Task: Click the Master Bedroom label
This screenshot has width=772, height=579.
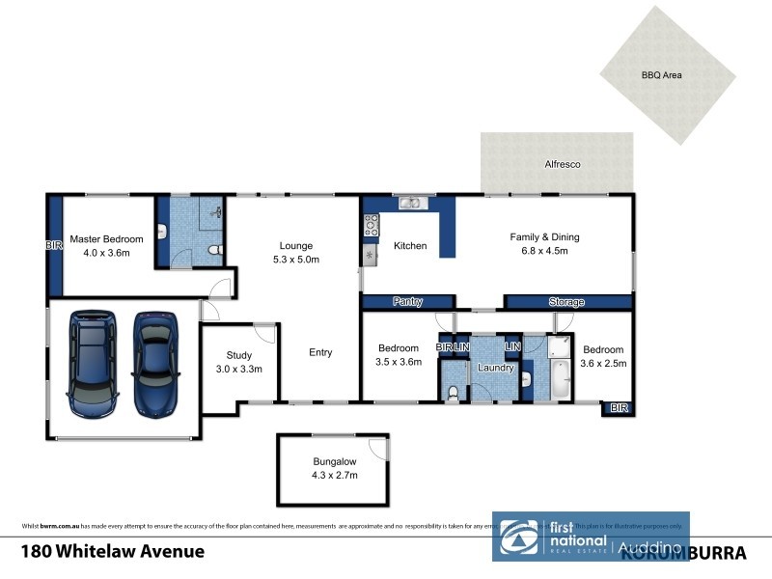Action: tap(106, 239)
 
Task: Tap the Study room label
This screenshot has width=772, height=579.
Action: tap(238, 355)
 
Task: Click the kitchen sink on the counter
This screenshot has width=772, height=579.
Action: tap(410, 203)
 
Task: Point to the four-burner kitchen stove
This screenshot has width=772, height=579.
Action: tap(371, 226)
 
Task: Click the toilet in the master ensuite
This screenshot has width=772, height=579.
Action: tap(218, 252)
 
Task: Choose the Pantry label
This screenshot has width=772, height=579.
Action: tap(408, 302)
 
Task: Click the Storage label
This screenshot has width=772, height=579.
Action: tap(566, 302)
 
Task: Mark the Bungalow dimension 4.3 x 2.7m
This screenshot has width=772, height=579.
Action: tap(335, 475)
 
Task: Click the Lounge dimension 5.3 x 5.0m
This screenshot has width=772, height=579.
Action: tap(296, 260)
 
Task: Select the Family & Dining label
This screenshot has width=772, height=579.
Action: tap(544, 236)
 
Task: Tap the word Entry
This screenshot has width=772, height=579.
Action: tap(320, 352)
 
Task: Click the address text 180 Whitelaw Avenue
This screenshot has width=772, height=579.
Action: tap(113, 552)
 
